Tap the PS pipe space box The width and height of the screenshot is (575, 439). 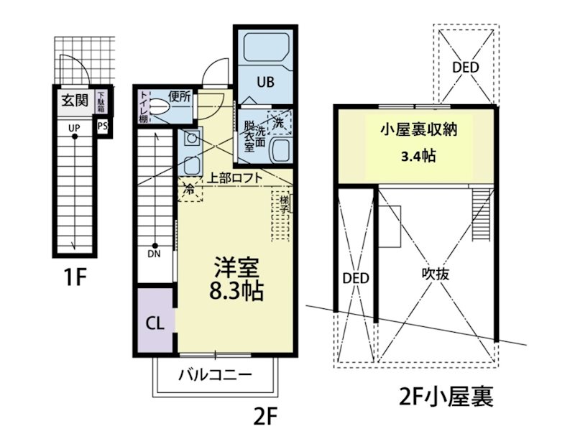(x=102, y=127)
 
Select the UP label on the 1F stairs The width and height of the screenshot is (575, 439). (x=74, y=128)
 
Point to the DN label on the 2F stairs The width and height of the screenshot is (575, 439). (x=155, y=253)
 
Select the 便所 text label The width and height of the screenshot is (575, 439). (x=180, y=95)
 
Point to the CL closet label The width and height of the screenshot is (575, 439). (x=155, y=323)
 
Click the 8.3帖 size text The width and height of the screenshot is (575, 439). (x=236, y=290)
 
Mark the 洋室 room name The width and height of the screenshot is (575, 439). (x=235, y=267)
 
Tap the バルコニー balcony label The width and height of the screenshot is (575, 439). (x=215, y=375)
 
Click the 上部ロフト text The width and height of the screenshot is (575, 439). (x=234, y=177)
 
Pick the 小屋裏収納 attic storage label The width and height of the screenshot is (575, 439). (x=419, y=130)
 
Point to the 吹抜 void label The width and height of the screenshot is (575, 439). (x=436, y=274)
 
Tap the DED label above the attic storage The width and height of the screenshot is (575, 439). (x=466, y=68)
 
